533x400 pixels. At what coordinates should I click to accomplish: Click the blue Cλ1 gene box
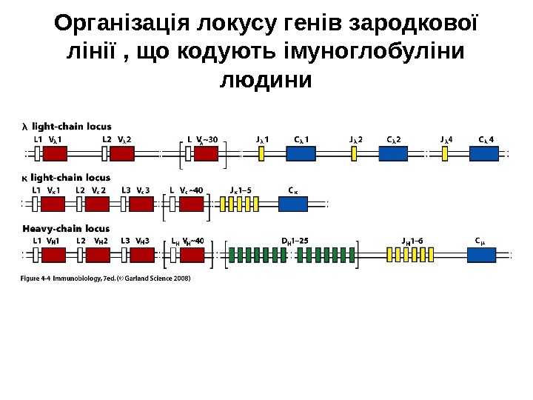coord(301,153)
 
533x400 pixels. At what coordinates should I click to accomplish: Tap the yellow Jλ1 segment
coord(262,153)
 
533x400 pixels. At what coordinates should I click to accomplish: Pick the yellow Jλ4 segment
coord(445,153)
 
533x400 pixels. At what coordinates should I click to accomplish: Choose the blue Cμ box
coord(481,255)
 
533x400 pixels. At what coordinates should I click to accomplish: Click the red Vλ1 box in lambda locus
coord(55,153)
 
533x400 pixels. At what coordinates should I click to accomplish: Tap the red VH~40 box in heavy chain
coord(192,255)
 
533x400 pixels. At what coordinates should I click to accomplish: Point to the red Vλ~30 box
coord(207,153)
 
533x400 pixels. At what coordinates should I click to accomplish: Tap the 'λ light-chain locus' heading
coord(67,125)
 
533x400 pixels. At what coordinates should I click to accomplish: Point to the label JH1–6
coord(412,241)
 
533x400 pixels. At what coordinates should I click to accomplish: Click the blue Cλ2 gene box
coord(393,153)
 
